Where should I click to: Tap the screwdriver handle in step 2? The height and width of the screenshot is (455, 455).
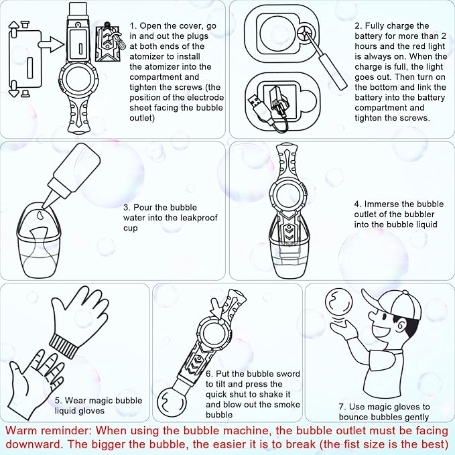coord(333,72)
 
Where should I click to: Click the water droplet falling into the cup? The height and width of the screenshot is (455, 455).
coord(40,214)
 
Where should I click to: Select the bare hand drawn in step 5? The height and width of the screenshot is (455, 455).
coord(35,383)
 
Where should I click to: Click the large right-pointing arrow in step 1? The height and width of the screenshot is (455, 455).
coord(51,44)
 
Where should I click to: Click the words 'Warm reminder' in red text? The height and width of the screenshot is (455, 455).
coord(48,430)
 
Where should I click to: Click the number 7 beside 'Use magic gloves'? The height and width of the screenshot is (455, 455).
coord(341,407)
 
